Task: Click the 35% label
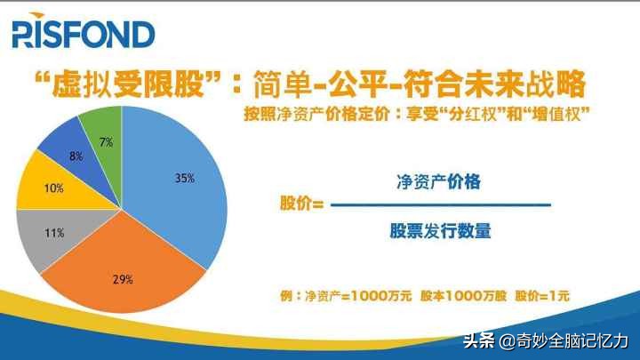[184, 178]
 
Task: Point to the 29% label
[123, 279]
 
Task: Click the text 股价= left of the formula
[300, 204]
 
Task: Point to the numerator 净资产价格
[439, 182]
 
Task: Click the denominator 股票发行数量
[439, 230]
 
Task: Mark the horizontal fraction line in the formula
[439, 205]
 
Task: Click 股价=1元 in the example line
[543, 296]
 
